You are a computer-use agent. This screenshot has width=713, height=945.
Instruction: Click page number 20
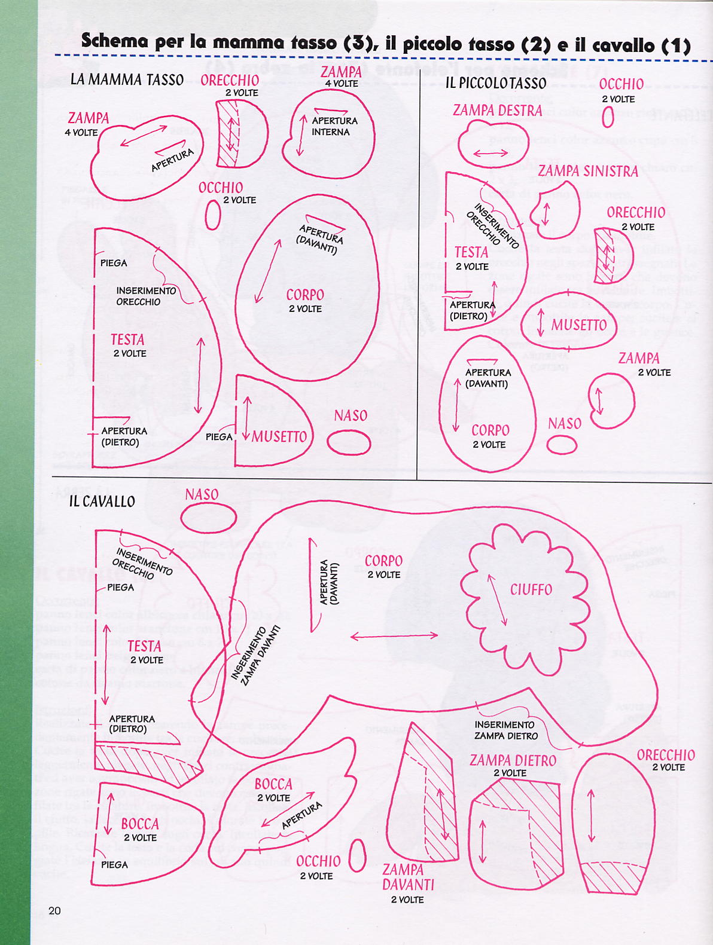(54, 911)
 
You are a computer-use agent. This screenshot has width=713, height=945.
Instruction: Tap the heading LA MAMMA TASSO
(127, 79)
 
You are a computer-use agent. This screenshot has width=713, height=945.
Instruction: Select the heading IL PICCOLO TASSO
(495, 83)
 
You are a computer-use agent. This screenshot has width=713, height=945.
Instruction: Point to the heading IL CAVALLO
(102, 501)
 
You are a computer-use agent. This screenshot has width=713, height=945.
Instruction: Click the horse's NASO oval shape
(209, 517)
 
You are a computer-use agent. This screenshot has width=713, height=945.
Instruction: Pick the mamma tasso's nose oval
(349, 443)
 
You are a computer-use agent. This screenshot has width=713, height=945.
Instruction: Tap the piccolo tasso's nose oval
(562, 445)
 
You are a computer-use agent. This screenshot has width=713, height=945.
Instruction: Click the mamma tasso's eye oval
(212, 215)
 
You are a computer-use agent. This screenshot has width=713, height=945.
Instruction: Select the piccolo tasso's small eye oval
(608, 117)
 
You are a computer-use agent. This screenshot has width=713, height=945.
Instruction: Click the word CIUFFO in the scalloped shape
(531, 590)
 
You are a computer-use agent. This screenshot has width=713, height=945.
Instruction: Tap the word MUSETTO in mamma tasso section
(279, 437)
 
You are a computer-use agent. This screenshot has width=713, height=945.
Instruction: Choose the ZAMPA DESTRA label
(497, 111)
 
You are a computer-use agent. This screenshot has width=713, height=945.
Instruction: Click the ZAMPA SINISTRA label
(588, 172)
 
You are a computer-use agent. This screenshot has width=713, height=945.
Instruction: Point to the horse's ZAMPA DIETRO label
(513, 761)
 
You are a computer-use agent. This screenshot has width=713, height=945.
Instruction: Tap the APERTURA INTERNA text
(334, 126)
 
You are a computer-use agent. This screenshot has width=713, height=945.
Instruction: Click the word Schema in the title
(114, 41)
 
